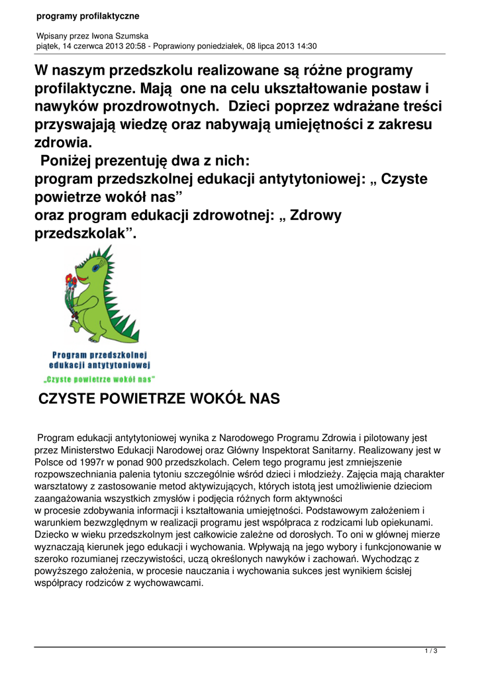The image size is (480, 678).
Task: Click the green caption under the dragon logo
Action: pyautogui.click(x=99, y=379)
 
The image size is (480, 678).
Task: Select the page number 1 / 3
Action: pyautogui.click(x=430, y=652)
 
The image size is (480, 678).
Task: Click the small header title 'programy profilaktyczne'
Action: pyautogui.click(x=83, y=16)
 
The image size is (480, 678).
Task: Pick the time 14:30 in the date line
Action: pyautogui.click(x=307, y=46)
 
